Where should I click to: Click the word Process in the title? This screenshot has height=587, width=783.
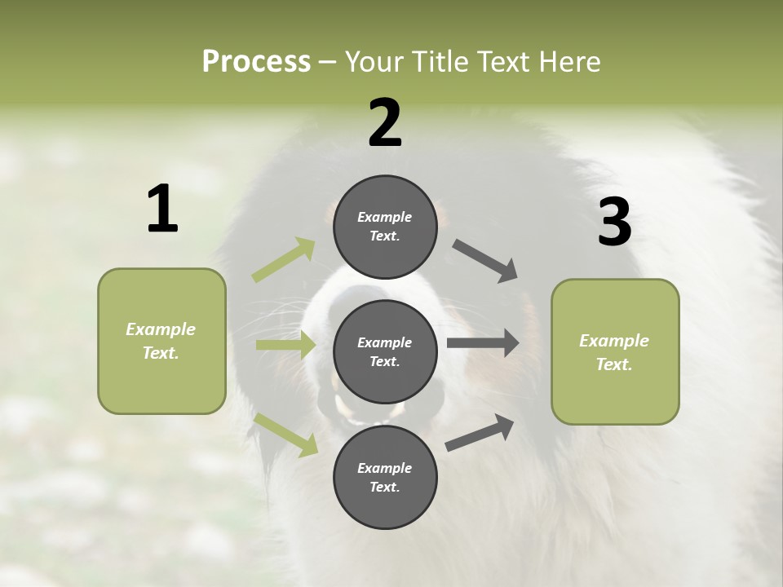pyautogui.click(x=256, y=61)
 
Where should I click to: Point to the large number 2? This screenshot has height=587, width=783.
pyautogui.click(x=385, y=123)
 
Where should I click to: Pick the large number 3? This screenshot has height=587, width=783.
pyautogui.click(x=615, y=222)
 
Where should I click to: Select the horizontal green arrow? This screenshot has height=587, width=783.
pyautogui.click(x=285, y=345)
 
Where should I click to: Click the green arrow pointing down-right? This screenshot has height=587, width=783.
pyautogui.click(x=286, y=435)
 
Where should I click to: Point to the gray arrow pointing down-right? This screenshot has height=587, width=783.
pyautogui.click(x=485, y=261)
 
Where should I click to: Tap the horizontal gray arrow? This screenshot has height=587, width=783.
pyautogui.click(x=483, y=342)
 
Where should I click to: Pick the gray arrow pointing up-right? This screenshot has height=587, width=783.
pyautogui.click(x=480, y=432)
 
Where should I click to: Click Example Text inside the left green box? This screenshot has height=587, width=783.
pyautogui.click(x=161, y=341)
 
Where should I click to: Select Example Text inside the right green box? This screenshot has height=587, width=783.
pyautogui.click(x=614, y=352)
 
